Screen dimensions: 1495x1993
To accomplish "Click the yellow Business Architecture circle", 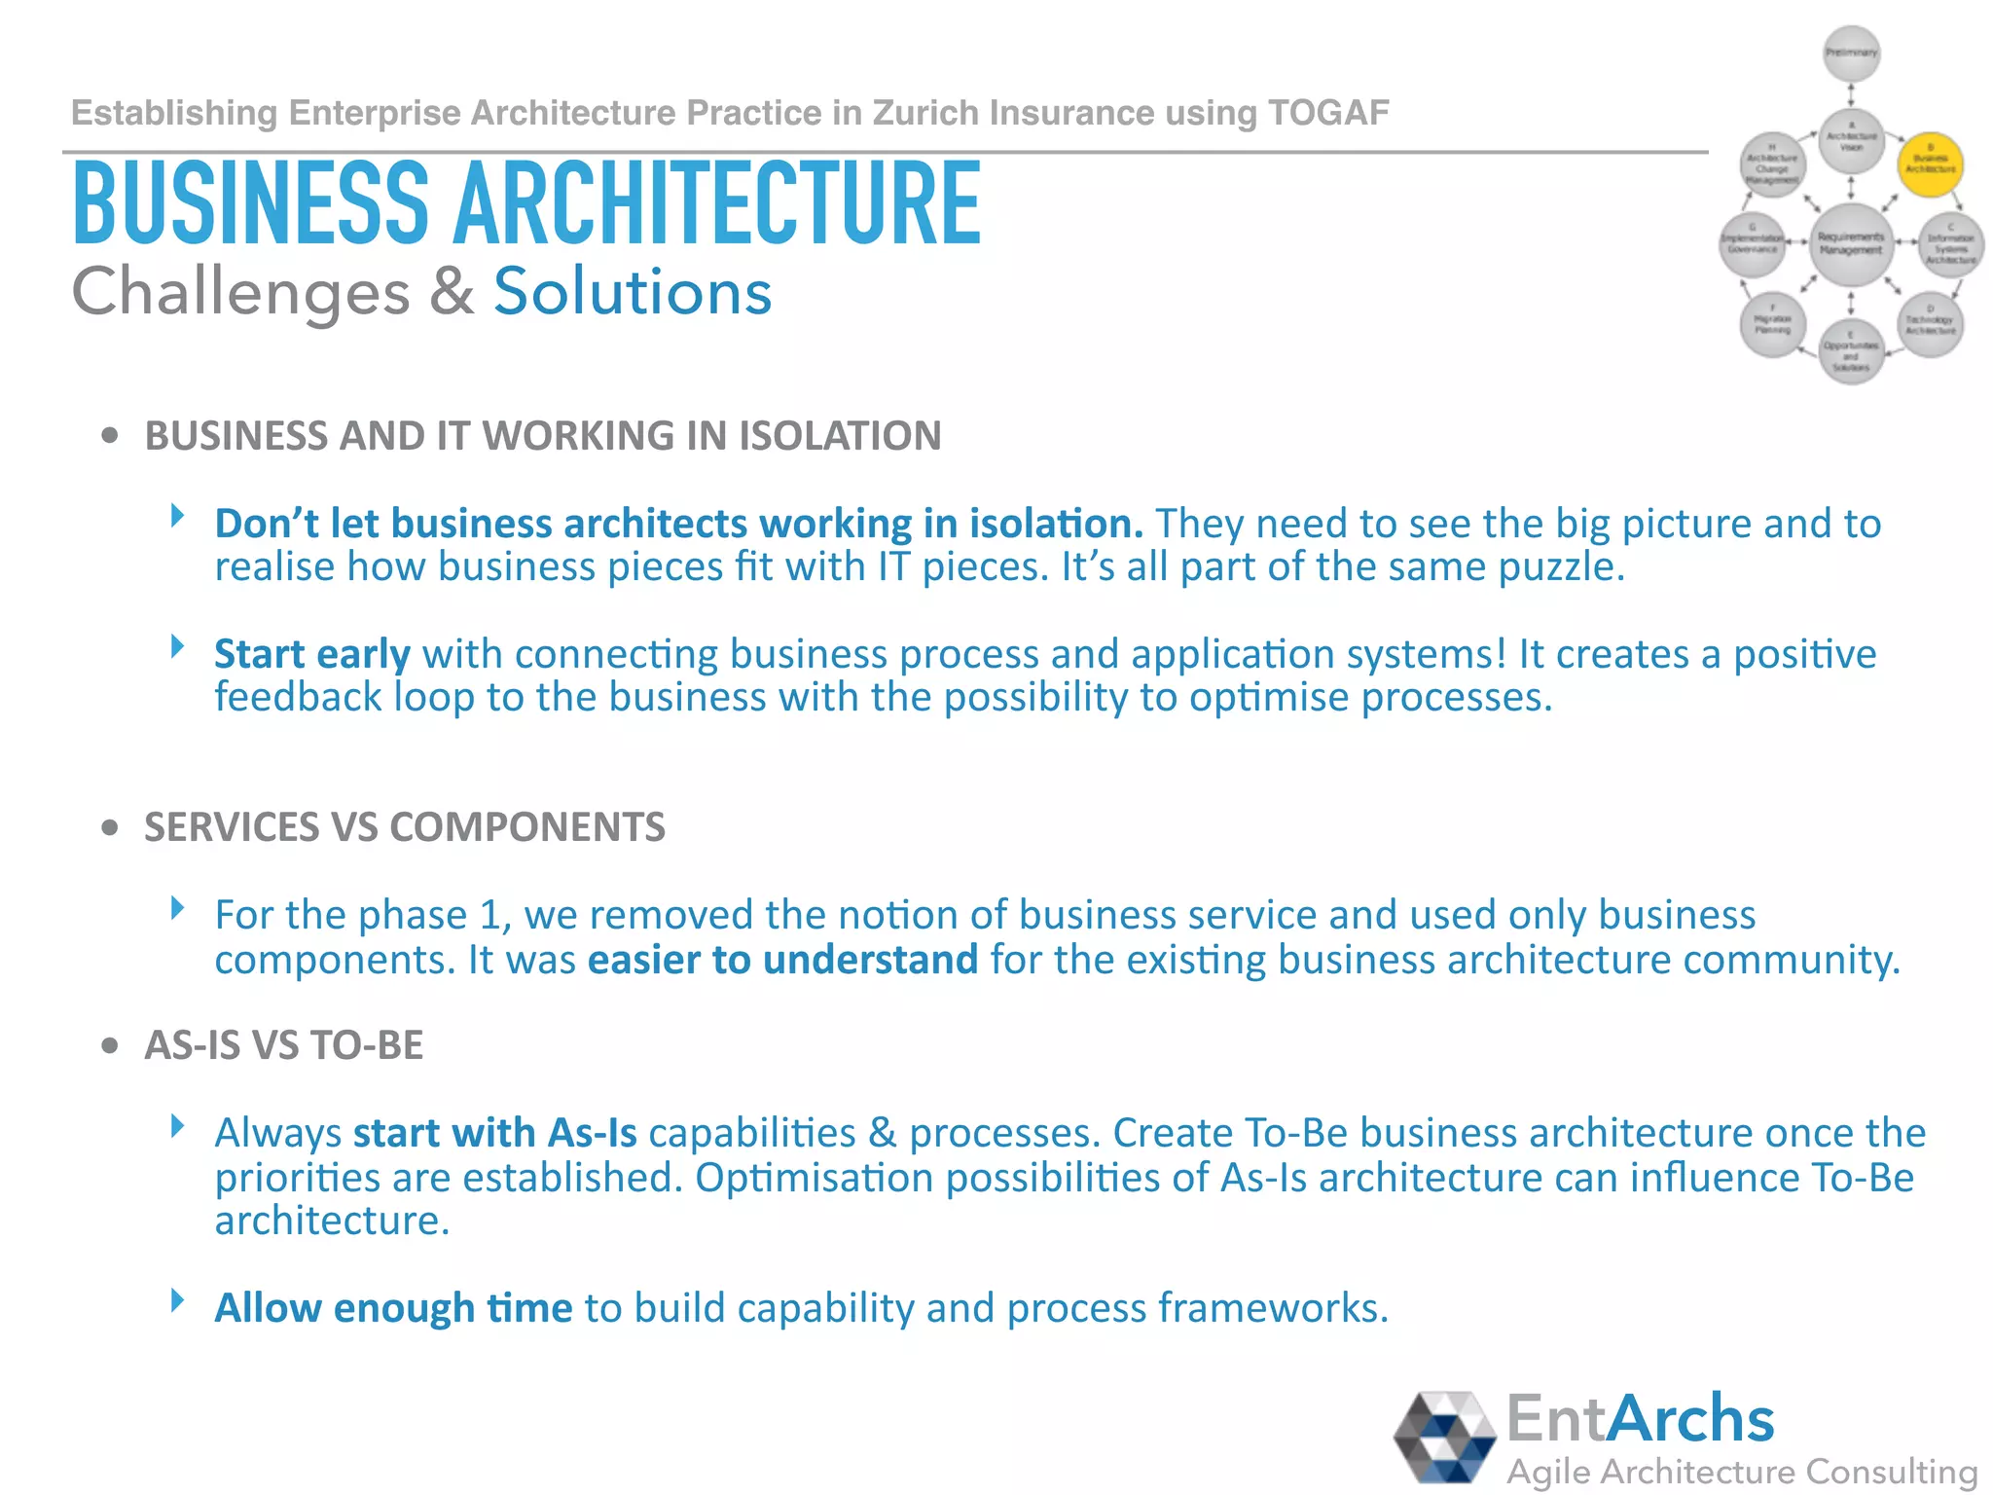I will click(x=1931, y=164).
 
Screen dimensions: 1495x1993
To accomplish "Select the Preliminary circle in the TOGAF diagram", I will click(x=1851, y=53).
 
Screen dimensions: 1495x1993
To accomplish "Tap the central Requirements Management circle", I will click(x=1851, y=243).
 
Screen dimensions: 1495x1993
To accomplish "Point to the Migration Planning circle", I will click(x=1773, y=324).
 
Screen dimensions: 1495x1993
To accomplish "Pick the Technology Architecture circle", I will click(x=1931, y=325).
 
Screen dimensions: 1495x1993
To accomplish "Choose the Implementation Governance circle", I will click(x=1753, y=243).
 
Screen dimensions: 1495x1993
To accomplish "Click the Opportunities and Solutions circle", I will click(x=1851, y=352).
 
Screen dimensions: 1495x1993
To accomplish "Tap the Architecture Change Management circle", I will click(x=1773, y=164).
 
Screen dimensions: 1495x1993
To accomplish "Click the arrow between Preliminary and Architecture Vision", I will click(x=1851, y=95).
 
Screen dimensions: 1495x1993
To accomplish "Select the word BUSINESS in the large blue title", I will click(x=251, y=204).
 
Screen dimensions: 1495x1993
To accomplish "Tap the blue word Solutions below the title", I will click(x=633, y=292).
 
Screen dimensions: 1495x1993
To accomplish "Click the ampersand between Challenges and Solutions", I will click(x=452, y=292).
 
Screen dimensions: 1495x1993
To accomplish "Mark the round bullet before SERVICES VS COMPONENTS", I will click(x=110, y=828).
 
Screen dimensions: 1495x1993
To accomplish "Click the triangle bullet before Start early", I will click(x=177, y=646).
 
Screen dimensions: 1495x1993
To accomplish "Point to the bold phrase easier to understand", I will click(x=782, y=960).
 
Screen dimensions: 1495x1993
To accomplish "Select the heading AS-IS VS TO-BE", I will click(x=283, y=1045).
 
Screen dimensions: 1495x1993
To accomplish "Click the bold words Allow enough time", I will click(x=393, y=1308).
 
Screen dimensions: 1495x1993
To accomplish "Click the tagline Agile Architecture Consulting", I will click(x=1742, y=1472).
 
